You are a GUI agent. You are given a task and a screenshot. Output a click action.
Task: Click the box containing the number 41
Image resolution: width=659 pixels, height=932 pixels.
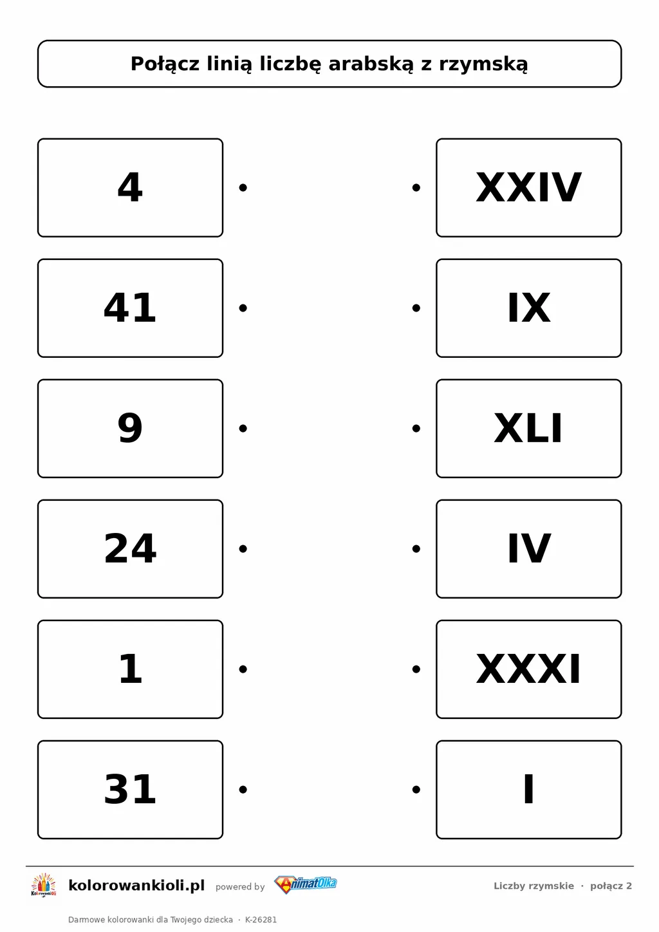coord(130,308)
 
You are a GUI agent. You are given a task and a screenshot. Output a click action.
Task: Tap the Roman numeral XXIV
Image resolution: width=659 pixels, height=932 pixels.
coord(528,188)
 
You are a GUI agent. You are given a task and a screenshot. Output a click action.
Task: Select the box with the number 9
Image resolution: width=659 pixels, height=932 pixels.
coord(130,428)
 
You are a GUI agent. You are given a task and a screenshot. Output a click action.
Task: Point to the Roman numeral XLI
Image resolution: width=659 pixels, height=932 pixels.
coord(528,428)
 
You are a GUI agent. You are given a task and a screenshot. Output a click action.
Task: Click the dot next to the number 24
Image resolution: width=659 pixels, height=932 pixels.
coord(243,549)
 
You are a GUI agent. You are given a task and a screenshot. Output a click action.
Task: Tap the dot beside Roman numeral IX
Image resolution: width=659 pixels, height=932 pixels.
coord(416,308)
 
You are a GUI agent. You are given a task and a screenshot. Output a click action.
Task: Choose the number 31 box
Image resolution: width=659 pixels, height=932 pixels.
coord(130,789)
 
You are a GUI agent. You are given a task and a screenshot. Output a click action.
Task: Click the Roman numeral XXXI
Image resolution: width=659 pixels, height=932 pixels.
coord(528,669)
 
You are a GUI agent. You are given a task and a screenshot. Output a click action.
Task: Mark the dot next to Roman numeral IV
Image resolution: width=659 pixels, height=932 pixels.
coord(416,549)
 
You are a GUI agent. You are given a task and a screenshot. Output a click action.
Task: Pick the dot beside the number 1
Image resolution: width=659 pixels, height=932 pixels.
coord(243,669)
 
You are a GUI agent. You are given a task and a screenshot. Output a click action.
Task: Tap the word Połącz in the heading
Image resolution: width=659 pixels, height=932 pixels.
coord(165,64)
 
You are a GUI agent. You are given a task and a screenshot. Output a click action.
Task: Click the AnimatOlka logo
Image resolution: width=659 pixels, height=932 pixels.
coord(306,884)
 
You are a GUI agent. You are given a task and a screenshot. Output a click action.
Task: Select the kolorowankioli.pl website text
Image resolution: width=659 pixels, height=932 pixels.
coord(136,885)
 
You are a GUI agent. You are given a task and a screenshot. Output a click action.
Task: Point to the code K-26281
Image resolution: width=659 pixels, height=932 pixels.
coord(261,920)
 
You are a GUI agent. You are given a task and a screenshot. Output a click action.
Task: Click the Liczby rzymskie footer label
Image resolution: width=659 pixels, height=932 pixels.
coord(534,886)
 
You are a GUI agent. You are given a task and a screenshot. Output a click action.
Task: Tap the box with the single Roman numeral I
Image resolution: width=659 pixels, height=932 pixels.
coord(529,789)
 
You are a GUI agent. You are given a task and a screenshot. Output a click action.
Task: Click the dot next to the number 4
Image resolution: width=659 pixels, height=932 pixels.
coord(243,188)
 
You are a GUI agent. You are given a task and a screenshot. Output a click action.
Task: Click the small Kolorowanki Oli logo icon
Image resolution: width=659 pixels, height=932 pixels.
coord(44,886)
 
